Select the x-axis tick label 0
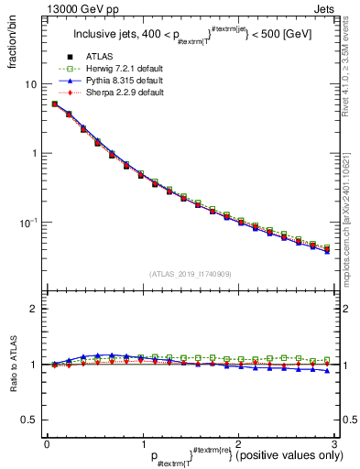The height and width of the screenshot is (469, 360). pos(46,443)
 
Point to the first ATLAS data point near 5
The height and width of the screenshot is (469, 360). pos(54,104)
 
